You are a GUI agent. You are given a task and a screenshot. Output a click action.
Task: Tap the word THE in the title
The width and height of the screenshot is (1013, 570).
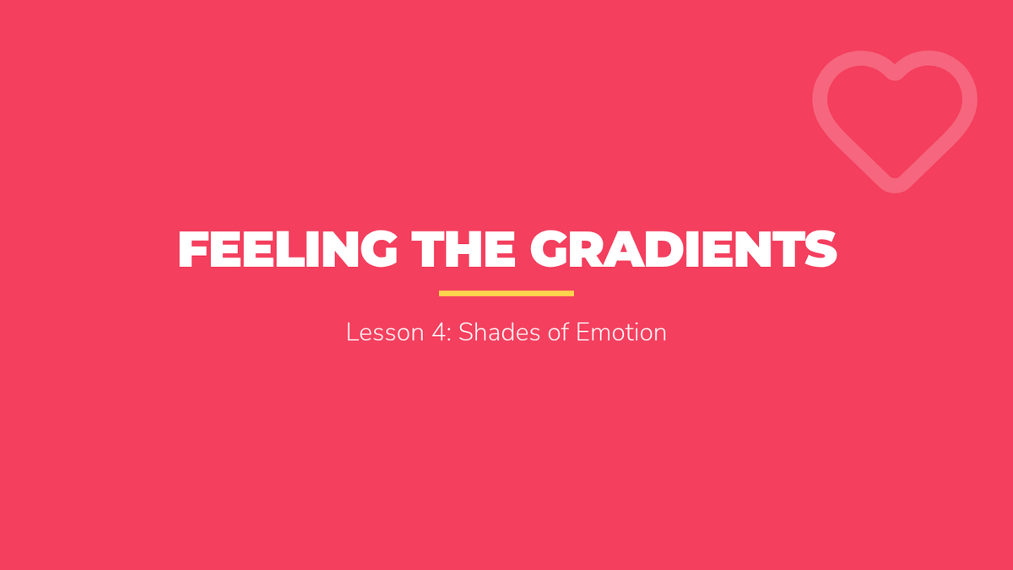pyautogui.click(x=463, y=249)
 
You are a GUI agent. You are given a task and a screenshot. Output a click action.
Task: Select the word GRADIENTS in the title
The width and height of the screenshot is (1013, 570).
pyautogui.click(x=683, y=249)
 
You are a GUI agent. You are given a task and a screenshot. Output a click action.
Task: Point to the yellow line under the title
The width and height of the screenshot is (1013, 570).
pyautogui.click(x=506, y=294)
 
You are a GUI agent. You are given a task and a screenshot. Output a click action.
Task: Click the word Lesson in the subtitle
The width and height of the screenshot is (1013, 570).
pyautogui.click(x=385, y=333)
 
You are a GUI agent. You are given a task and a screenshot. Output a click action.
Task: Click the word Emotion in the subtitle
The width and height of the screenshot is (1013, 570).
pyautogui.click(x=621, y=333)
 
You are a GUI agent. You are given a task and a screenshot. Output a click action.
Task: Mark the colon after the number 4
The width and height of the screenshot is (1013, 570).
pyautogui.click(x=449, y=335)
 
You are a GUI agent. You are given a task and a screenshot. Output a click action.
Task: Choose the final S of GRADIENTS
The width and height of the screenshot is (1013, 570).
pyautogui.click(x=821, y=249)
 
